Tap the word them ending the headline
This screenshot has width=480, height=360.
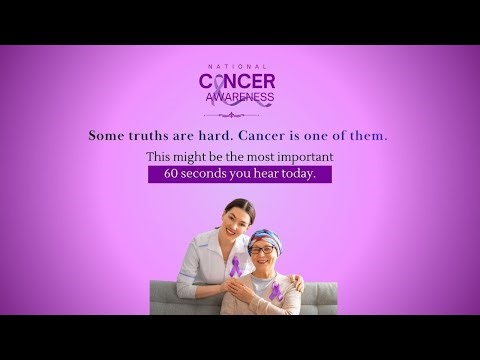point(368,134)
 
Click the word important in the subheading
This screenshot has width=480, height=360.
point(302,157)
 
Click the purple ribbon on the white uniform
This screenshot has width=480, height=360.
point(236,268)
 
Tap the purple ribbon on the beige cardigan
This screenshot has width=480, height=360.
point(276,291)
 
